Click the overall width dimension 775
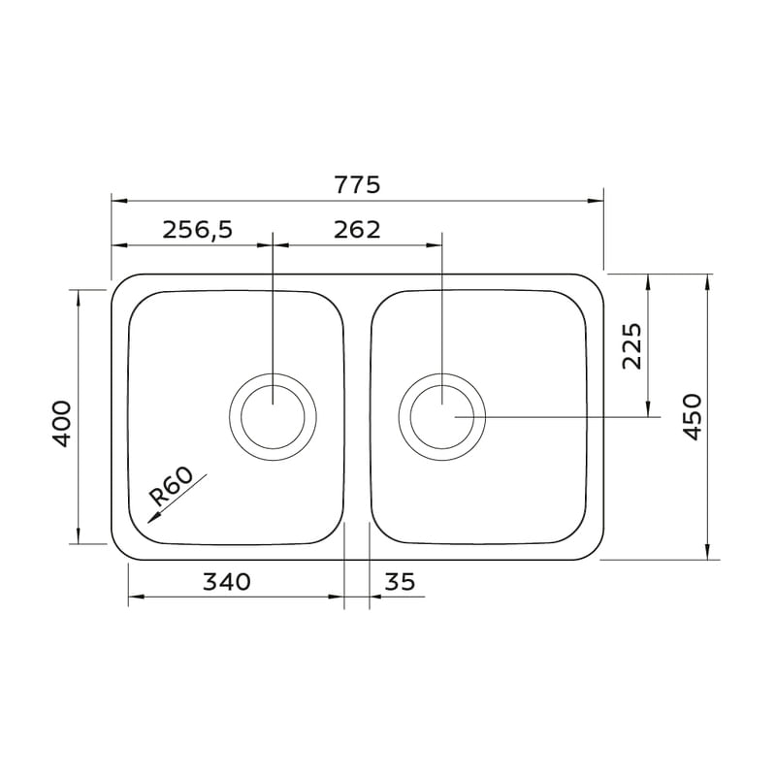pyautogui.click(x=358, y=185)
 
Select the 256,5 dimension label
pyautogui.click(x=198, y=230)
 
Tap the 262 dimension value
pyautogui.click(x=357, y=230)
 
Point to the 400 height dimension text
pyautogui.click(x=62, y=424)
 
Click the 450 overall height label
pyautogui.click(x=692, y=417)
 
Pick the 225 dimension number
pyautogui.click(x=631, y=346)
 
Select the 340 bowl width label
pyautogui.click(x=227, y=582)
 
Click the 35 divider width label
pyautogui.click(x=400, y=582)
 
